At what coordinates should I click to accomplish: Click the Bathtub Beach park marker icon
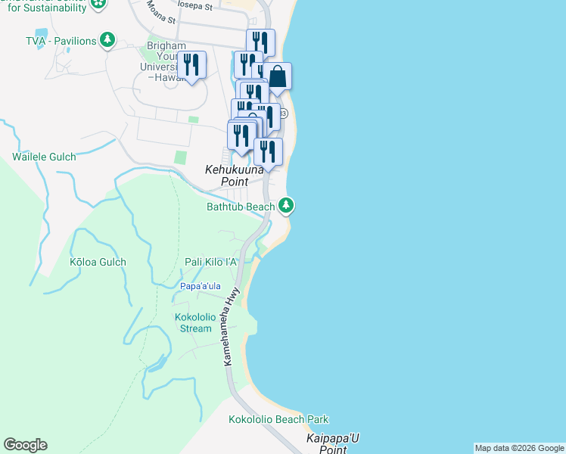pos(286,205)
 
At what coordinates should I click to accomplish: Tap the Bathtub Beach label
pos(241,207)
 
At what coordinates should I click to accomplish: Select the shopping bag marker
pos(278,76)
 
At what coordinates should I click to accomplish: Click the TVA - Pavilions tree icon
pos(108,39)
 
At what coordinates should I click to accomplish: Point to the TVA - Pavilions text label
pos(61,40)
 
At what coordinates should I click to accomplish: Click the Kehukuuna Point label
pos(235,176)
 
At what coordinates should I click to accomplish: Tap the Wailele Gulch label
pos(44,157)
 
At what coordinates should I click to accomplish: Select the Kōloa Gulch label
pos(98,262)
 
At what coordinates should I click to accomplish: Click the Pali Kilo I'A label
pos(211,262)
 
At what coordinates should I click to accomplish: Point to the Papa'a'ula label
pos(201,286)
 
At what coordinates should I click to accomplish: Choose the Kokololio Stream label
pos(195,322)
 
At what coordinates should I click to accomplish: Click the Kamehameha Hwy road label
pos(233,326)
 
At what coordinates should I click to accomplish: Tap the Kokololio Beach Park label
pos(278,419)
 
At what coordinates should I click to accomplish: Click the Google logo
pos(25,445)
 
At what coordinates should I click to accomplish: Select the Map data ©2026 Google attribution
pos(519,448)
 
